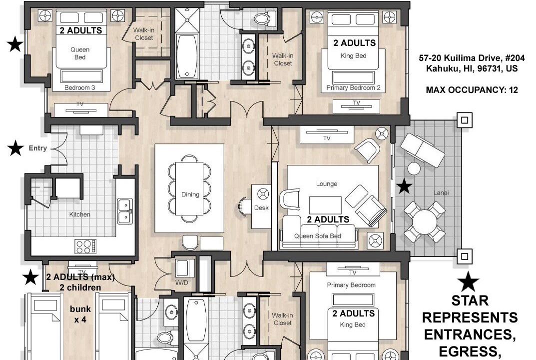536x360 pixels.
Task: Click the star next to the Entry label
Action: [15, 148]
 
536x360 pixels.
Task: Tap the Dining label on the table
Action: [190, 194]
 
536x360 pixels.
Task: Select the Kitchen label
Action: [79, 214]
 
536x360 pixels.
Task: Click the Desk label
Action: [261, 207]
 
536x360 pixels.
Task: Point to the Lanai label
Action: [441, 192]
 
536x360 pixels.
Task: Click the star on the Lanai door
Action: [405, 186]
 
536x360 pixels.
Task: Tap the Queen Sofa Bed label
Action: [318, 236]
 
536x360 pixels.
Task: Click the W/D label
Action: [181, 282]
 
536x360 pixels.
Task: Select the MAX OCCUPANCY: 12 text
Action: [472, 90]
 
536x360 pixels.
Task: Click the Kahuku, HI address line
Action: [472, 68]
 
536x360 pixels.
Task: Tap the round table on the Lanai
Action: [425, 222]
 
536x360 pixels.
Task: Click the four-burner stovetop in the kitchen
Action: [85, 246]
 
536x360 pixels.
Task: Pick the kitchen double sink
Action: [125, 211]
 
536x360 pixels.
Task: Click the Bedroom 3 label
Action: [79, 87]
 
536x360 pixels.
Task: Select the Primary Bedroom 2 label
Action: [353, 87]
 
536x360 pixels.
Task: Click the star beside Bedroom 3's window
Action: [15, 44]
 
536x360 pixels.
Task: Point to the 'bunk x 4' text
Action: [80, 314]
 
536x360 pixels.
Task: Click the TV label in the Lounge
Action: [327, 138]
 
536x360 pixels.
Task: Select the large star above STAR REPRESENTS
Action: [469, 281]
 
